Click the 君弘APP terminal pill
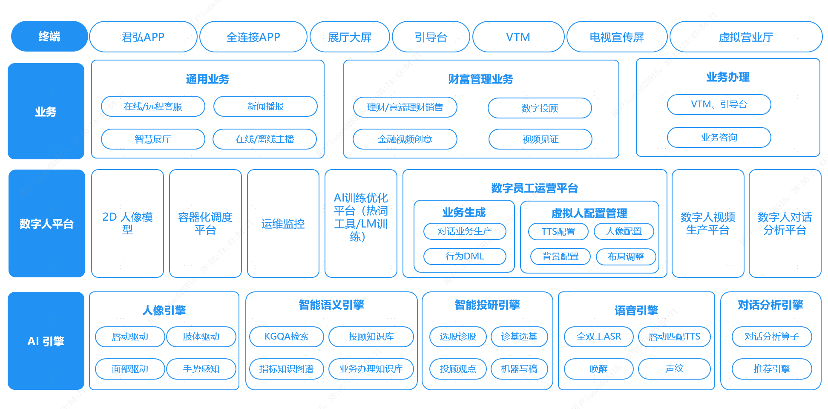pyautogui.click(x=143, y=37)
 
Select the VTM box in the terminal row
pyautogui.click(x=518, y=37)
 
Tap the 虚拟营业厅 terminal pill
pyautogui.click(x=746, y=37)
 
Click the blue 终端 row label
pyautogui.click(x=49, y=36)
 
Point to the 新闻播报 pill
pyautogui.click(x=265, y=106)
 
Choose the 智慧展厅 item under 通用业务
pyautogui.click(x=153, y=139)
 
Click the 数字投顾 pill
pyautogui.click(x=540, y=108)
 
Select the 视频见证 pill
pyautogui.click(x=540, y=139)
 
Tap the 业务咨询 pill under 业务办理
pyautogui.click(x=719, y=137)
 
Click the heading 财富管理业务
pyautogui.click(x=480, y=79)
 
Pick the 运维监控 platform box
pyautogui.click(x=283, y=223)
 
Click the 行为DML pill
pyautogui.click(x=465, y=256)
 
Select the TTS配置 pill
pyautogui.click(x=558, y=231)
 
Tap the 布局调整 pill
pyautogui.click(x=626, y=256)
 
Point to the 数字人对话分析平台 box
pyautogui.click(x=785, y=223)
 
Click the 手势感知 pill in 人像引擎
pyautogui.click(x=201, y=369)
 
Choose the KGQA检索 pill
pyautogui.click(x=287, y=337)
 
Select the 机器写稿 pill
pyautogui.click(x=519, y=369)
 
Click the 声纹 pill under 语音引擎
pyautogui.click(x=674, y=369)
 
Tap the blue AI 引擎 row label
pyautogui.click(x=46, y=341)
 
